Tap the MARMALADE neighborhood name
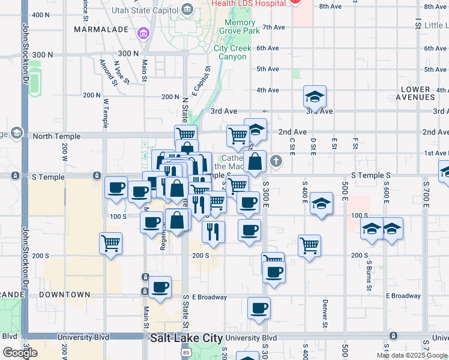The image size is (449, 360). point(100,29)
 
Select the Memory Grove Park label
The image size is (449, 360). point(239,26)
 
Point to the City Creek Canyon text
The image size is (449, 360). point(231,52)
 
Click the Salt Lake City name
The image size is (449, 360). point(186,338)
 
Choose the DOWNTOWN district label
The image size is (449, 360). point(64,295)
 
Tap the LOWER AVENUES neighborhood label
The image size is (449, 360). point(417,93)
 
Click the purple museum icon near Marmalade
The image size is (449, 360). point(143,32)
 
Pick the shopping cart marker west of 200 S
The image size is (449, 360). point(110,244)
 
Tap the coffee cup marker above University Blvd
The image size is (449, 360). point(259,308)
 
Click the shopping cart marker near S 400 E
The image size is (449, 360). point(309,245)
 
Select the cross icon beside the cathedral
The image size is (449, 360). point(276,160)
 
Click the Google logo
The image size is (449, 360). point(20,353)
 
